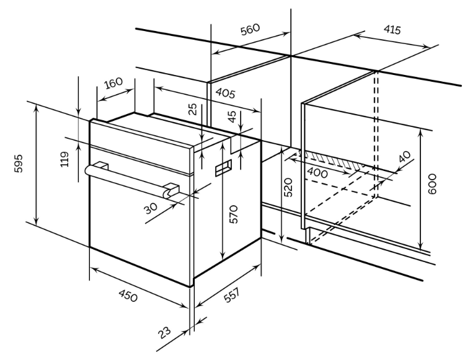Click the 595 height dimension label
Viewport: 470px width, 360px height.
coord(19,164)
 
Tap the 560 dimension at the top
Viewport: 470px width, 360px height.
coord(250,30)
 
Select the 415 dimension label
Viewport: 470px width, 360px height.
coord(391,29)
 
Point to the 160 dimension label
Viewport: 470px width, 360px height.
coord(113,83)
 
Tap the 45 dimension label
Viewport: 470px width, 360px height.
coord(231,118)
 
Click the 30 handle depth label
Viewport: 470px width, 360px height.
coord(151,208)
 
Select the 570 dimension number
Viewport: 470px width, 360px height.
coord(233,214)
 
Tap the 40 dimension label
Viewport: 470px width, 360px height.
coord(406,157)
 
